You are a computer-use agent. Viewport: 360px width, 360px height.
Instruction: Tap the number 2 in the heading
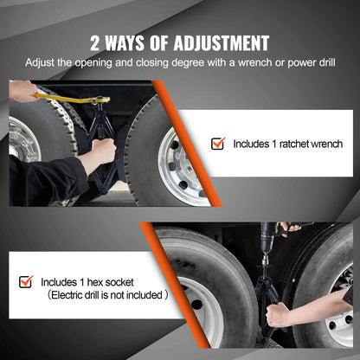coord(96,43)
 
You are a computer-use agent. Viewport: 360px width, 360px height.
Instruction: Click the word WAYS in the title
coord(132,43)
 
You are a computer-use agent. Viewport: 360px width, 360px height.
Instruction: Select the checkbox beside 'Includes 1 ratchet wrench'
coord(218,144)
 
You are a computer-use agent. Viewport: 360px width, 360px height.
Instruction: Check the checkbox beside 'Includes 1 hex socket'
coord(27,281)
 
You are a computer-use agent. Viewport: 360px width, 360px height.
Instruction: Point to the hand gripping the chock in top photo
coord(103,152)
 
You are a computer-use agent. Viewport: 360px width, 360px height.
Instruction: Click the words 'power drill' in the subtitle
coord(317,63)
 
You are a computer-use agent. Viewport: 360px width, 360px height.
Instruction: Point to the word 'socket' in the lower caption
coord(124,281)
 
